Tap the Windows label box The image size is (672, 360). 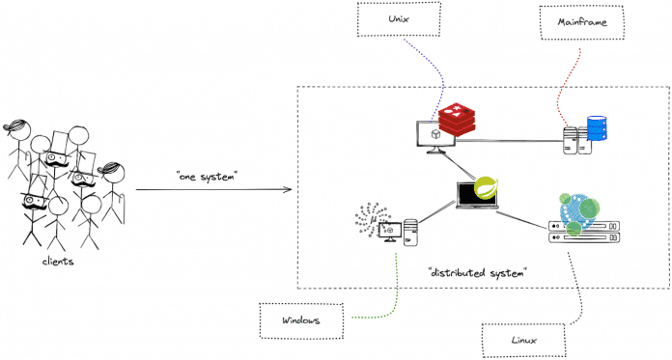coord(301,319)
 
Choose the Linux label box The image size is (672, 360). coord(524,340)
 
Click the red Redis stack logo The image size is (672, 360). coord(458,122)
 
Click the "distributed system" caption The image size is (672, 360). coord(476,273)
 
